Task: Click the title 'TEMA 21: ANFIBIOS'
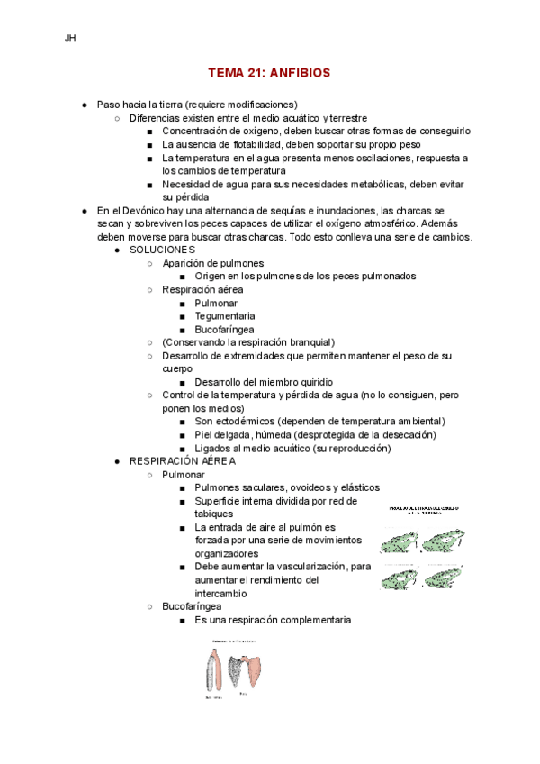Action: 269,72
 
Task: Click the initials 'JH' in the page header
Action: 70,39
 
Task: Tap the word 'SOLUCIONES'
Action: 162,249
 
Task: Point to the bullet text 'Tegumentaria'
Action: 224,316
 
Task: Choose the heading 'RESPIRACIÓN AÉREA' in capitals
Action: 182,460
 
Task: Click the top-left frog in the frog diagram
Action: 399,541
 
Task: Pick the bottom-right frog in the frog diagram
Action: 444,577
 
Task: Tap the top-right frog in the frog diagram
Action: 444,541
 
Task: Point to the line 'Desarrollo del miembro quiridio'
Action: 271,382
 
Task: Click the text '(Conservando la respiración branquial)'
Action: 248,342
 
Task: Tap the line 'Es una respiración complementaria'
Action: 273,620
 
